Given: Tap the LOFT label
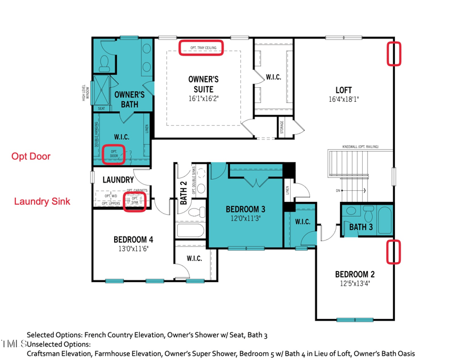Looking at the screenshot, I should [343, 90].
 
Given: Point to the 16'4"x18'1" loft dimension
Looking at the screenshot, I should [343, 100].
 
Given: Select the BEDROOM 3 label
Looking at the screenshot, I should [246, 209].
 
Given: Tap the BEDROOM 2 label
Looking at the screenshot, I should [355, 274].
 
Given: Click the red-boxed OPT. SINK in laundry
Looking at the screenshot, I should [135, 201].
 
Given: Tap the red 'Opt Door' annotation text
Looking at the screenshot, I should [31, 156].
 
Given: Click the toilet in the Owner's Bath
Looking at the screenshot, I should [106, 61].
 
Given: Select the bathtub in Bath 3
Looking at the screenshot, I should [385, 221].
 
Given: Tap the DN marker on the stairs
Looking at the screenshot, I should [338, 190].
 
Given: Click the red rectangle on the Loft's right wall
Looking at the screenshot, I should [395, 53].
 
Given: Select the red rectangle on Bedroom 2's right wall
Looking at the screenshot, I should [395, 251].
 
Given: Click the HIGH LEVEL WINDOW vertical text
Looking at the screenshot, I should [85, 94].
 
